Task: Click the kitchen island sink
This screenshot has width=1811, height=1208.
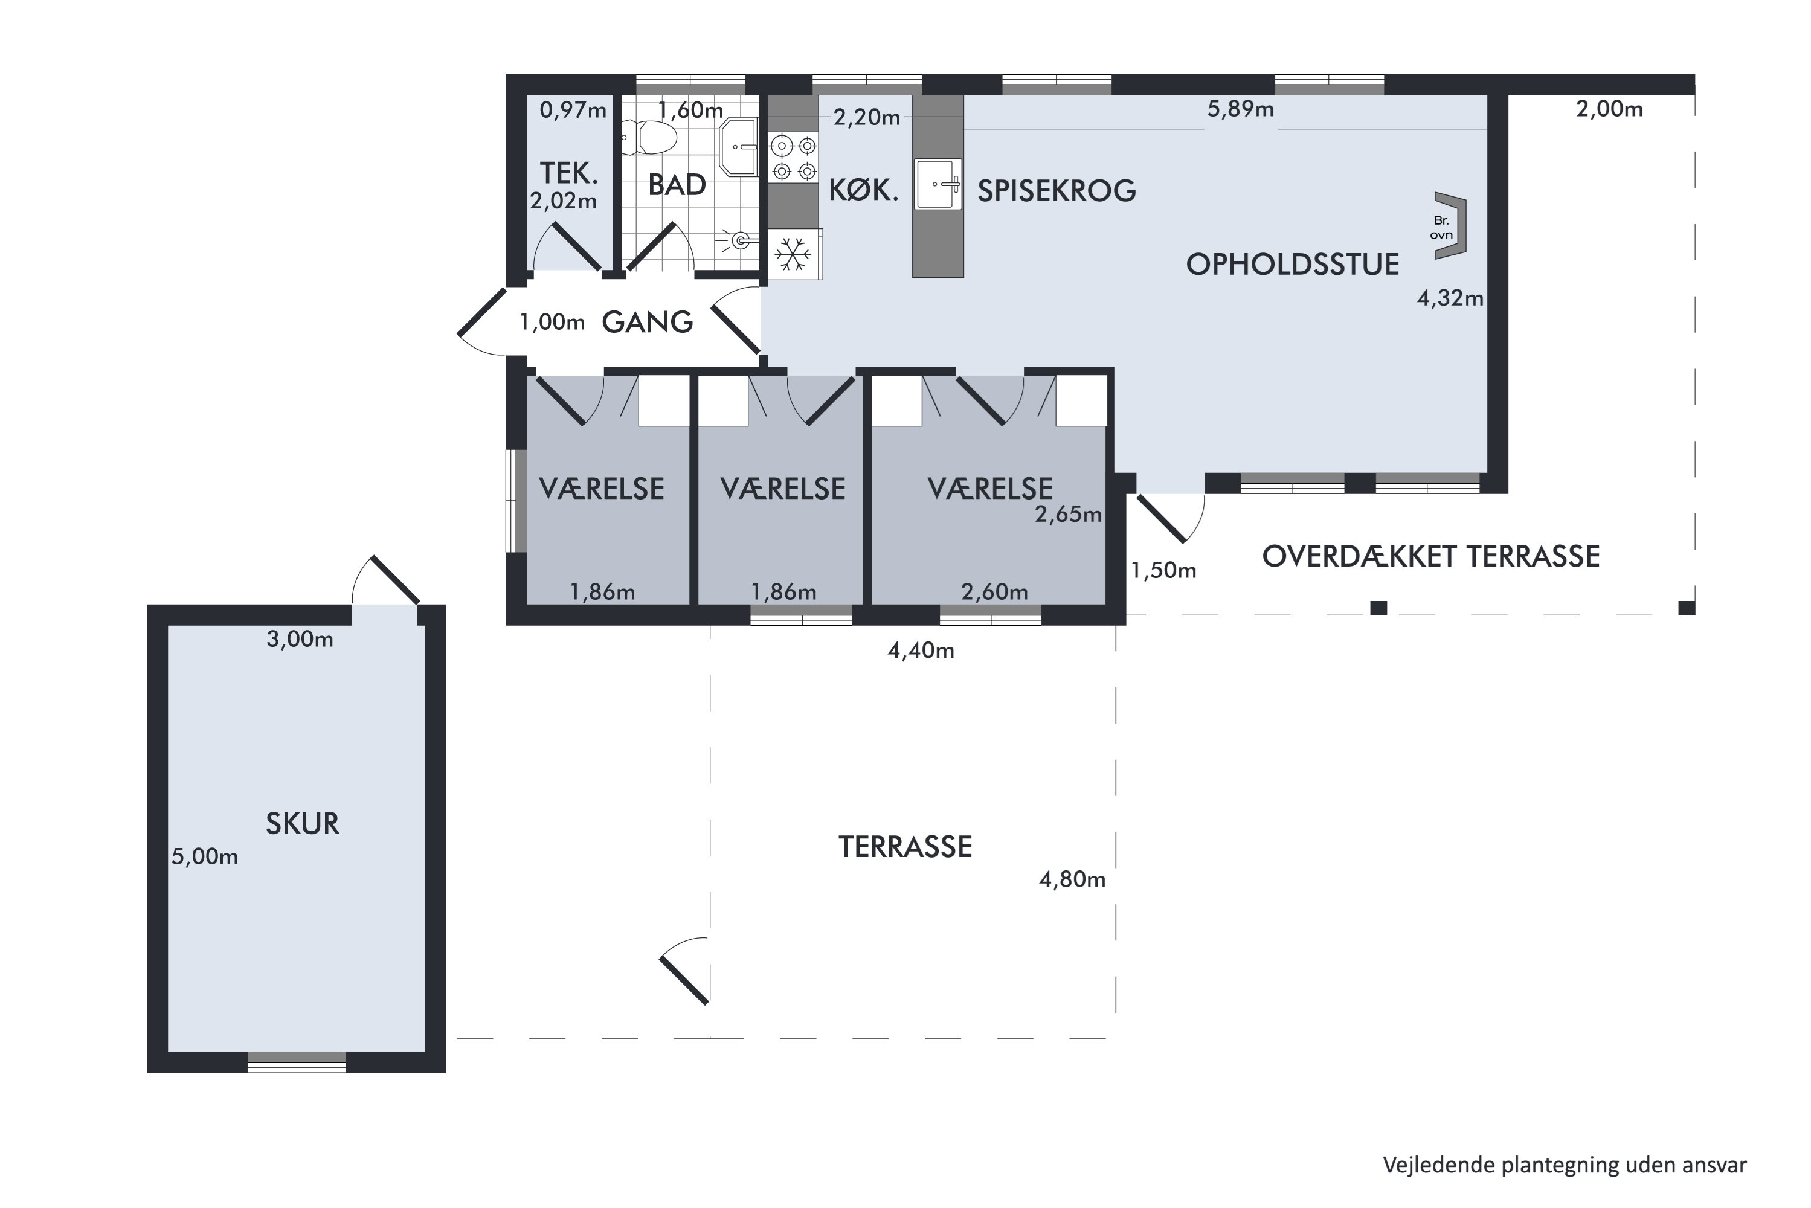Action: tap(938, 184)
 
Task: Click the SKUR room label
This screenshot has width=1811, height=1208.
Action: tap(302, 824)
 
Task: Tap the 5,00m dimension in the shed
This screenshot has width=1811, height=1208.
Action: tap(204, 856)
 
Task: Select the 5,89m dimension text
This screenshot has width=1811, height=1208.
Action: tap(1240, 109)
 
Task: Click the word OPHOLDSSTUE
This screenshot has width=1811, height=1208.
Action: tap(1292, 265)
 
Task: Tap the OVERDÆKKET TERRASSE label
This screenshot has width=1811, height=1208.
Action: tap(1430, 556)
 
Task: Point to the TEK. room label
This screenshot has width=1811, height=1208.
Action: tap(568, 173)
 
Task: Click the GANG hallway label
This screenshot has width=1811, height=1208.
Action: tap(647, 322)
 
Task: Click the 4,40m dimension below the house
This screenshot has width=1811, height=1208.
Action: tap(921, 651)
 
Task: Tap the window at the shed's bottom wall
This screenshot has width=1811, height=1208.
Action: tap(297, 1062)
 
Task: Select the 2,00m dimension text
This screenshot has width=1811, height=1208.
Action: tap(1609, 109)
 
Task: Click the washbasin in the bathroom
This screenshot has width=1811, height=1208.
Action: tap(738, 147)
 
